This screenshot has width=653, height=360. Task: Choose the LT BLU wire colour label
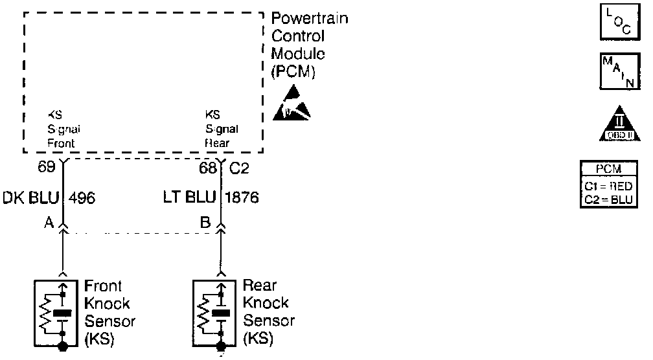click(191, 197)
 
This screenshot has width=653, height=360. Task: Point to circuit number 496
click(82, 197)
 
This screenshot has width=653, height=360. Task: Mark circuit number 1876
click(242, 197)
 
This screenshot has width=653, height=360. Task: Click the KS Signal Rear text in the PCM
click(221, 129)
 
